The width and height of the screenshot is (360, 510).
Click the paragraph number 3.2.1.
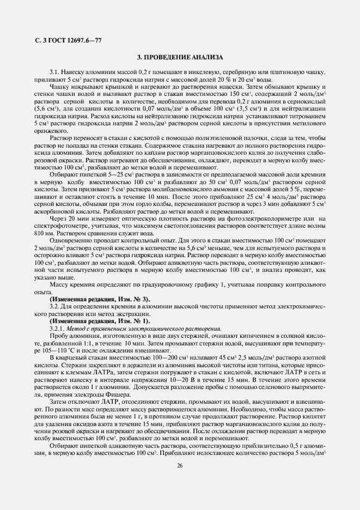57,329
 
